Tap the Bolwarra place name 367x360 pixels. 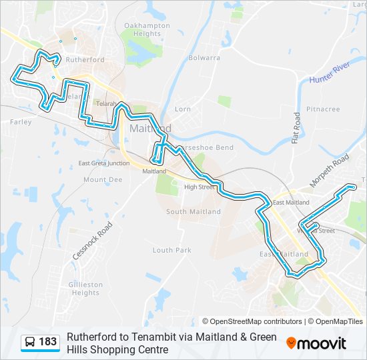[204, 58]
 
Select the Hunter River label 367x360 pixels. [330, 73]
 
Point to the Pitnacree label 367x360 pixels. [323, 109]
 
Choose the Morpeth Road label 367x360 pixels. [330, 171]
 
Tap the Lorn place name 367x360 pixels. [182, 109]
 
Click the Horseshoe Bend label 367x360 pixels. [206, 147]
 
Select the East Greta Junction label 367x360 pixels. [103, 163]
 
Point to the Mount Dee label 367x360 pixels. [103, 180]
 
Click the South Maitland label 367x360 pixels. [194, 212]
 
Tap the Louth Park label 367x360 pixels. [171, 251]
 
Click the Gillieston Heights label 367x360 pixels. [86, 289]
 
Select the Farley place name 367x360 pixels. [21, 123]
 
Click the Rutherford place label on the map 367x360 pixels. [86, 60]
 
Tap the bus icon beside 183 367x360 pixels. [30, 343]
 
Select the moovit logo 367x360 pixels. [316, 343]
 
